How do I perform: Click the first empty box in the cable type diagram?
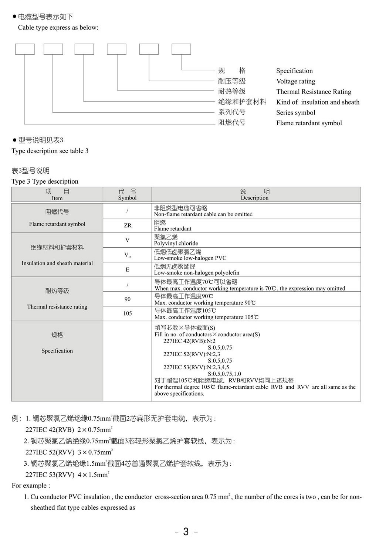25,49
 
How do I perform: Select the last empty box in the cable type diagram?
181,49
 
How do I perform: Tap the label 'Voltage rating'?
295,81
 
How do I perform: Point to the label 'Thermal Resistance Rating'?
314,92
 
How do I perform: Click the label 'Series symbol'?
295,113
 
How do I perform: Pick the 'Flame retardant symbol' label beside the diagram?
309,123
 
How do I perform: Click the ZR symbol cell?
127,225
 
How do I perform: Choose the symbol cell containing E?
127,270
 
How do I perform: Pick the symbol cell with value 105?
127,313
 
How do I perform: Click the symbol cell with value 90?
127,299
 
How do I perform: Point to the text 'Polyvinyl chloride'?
176,243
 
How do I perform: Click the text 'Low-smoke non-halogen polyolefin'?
196,273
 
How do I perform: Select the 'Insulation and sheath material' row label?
57,263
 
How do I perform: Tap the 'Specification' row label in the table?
57,351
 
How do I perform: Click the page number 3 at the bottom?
186,531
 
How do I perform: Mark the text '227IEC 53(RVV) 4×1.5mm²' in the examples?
67,475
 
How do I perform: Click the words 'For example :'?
31,486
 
